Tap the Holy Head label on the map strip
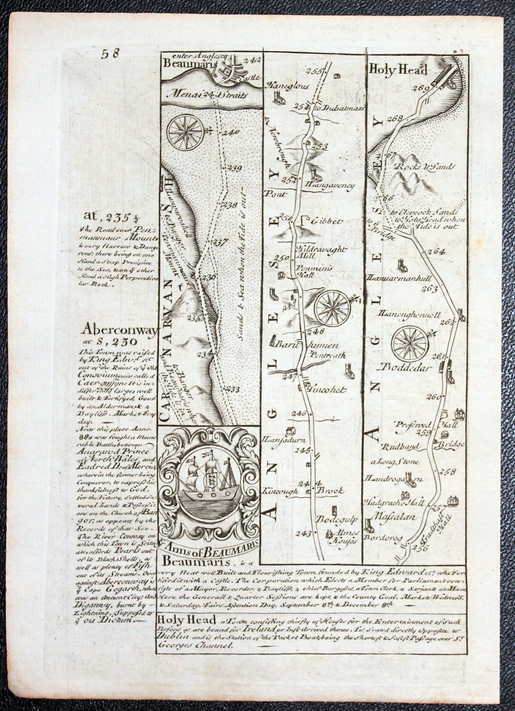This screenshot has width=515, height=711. (398, 70)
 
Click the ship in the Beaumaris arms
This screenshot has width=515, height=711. (209, 481)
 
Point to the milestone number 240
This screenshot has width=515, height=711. (231, 132)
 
